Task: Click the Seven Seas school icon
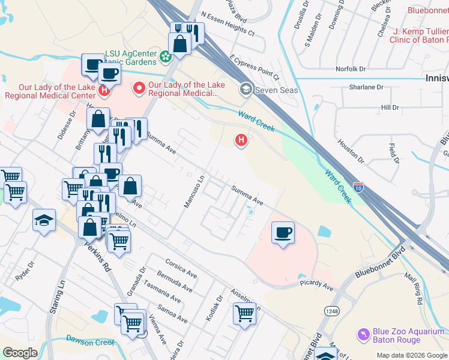tap(246, 90)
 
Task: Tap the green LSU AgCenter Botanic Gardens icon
tap(165, 57)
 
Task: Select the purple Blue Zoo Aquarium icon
tap(363, 333)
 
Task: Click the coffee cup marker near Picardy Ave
tap(283, 232)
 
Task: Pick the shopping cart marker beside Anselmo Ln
tap(245, 313)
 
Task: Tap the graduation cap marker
tap(44, 220)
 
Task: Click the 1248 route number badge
tap(331, 311)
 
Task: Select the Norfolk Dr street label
tap(351, 68)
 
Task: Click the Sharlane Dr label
tap(366, 87)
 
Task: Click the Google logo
tap(20, 353)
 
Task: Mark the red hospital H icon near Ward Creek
tap(241, 140)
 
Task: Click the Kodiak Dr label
tap(213, 307)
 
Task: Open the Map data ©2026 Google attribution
tap(411, 355)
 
